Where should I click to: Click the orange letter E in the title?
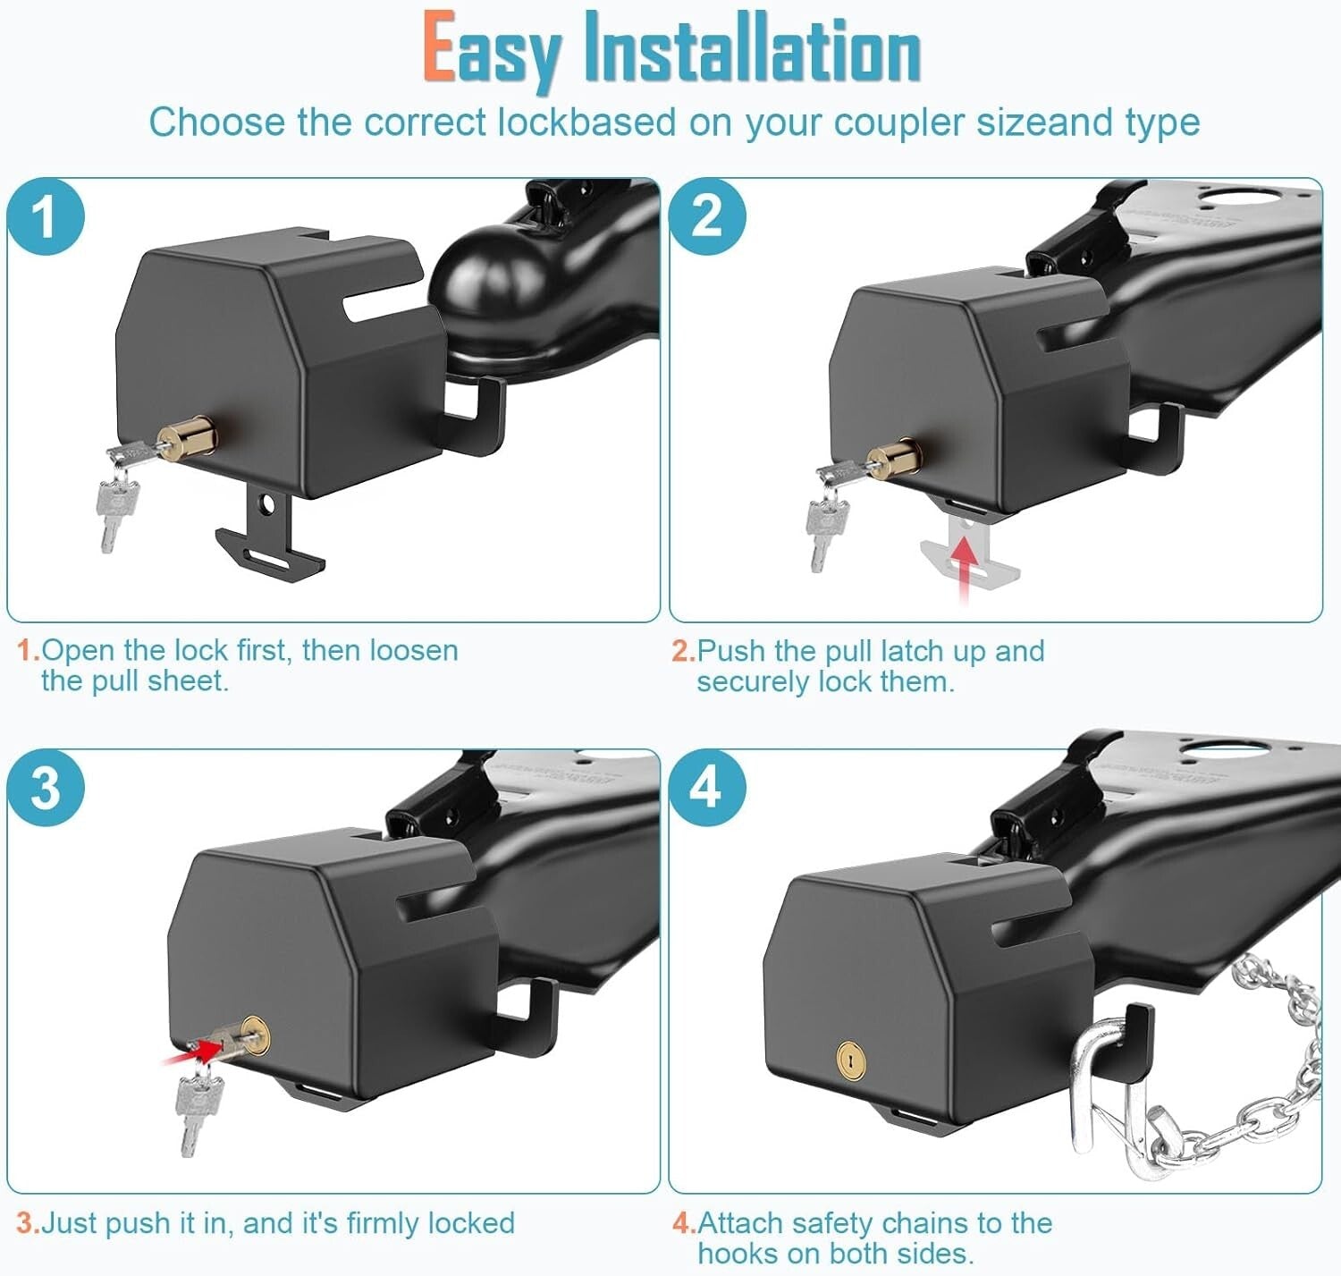pos(438,49)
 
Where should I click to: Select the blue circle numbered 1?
pos(46,216)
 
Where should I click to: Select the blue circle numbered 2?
pos(706,216)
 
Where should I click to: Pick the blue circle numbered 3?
pos(46,788)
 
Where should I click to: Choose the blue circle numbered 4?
pos(706,788)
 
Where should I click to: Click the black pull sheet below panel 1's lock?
pos(268,537)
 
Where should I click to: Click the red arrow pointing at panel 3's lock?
pos(192,1051)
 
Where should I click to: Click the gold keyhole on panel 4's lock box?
pos(851,1061)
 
